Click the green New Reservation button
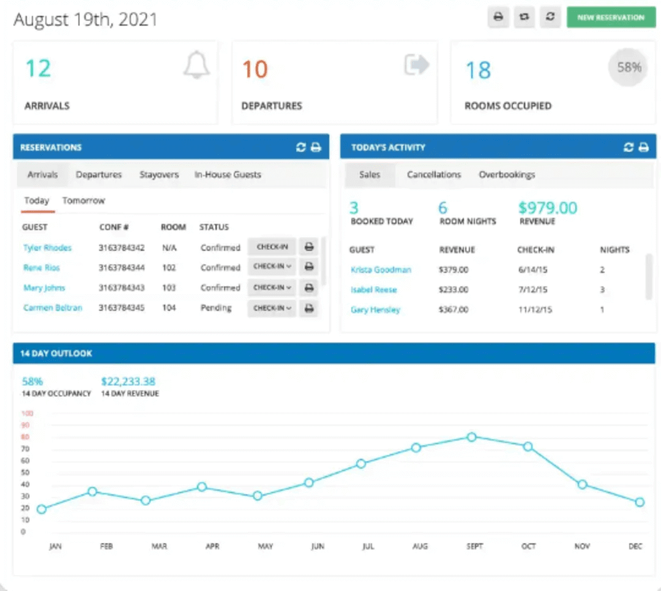tap(610, 17)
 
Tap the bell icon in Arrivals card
tap(196, 65)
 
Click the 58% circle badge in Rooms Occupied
tap(629, 68)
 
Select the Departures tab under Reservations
tap(99, 175)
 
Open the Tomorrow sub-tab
tap(83, 201)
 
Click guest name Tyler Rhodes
tap(47, 248)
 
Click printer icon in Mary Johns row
tap(309, 288)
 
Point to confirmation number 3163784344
tap(121, 268)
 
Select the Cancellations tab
tap(433, 175)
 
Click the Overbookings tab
tap(506, 175)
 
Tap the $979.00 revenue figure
tap(547, 208)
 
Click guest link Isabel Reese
tap(373, 290)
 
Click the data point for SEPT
tap(471, 437)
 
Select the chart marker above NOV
tap(582, 485)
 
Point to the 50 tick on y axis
tap(26, 472)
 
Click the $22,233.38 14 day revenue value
tap(128, 382)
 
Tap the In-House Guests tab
tap(228, 175)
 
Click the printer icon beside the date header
tap(498, 17)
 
